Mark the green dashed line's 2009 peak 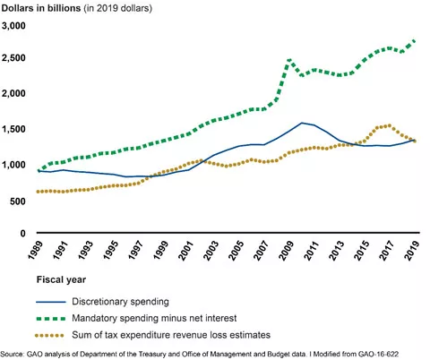click(x=288, y=60)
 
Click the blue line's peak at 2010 click(x=303, y=123)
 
